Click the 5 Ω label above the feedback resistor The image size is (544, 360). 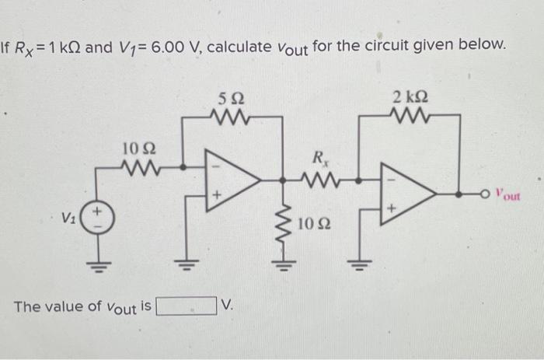point(232,100)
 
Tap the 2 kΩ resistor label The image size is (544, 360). point(409,98)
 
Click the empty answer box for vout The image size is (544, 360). point(187,306)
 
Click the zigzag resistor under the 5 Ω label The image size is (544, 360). point(232,118)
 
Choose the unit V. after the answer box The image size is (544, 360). point(228,306)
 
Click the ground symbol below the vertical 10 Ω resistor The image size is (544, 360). point(281,260)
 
